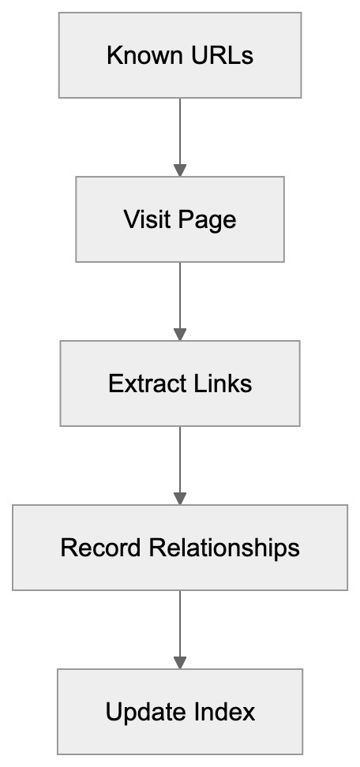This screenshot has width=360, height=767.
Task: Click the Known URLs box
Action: point(180,55)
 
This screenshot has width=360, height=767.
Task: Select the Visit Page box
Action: point(180,219)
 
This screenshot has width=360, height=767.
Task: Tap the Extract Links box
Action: point(180,383)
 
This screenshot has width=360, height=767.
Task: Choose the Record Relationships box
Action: point(180,548)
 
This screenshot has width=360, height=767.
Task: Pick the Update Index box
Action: point(180,712)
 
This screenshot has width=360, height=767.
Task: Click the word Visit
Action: point(141,219)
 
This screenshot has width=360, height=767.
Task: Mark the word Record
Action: point(99,548)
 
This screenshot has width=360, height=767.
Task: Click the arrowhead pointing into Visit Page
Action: point(180,170)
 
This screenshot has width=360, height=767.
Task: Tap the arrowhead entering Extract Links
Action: point(180,334)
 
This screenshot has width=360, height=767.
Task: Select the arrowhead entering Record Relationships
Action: point(180,498)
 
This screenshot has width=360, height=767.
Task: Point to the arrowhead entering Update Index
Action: point(180,662)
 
